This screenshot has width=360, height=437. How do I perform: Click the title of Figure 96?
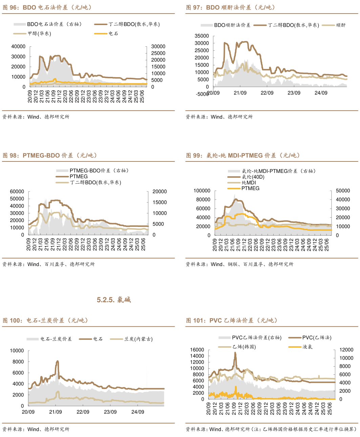click(x=47, y=7)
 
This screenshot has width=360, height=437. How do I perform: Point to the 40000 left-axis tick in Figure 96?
click(x=18, y=46)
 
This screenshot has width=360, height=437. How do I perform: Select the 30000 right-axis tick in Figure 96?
click(x=158, y=46)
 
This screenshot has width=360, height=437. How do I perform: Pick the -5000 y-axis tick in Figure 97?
click(x=203, y=94)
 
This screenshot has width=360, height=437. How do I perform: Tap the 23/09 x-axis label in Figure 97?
click(x=294, y=93)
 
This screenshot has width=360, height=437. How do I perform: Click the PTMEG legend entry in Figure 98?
click(x=79, y=176)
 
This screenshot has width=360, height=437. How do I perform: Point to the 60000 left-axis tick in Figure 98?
click(x=17, y=192)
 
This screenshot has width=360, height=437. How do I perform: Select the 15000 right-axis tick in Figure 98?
click(x=160, y=202)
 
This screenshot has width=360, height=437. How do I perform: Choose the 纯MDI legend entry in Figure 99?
click(x=249, y=182)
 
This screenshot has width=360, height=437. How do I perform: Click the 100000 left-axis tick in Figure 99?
click(x=202, y=191)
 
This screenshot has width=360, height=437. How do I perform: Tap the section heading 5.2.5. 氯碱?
click(x=114, y=300)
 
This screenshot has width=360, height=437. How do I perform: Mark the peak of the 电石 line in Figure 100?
click(x=57, y=361)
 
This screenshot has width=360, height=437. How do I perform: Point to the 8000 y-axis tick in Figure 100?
click(x=18, y=362)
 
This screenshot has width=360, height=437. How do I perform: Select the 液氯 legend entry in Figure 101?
click(x=307, y=347)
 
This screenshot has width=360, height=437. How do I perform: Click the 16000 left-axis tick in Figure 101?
click(x=197, y=350)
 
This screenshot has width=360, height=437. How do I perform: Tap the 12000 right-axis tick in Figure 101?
click(x=346, y=350)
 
